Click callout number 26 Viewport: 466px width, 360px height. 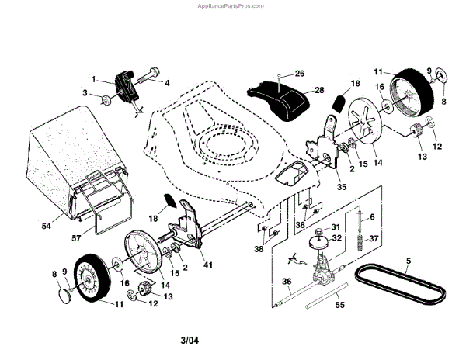tap(300, 74)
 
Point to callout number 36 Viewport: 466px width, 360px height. tap(287, 282)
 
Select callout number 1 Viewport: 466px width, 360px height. tap(94, 78)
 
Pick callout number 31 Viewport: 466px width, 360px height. tap(336, 227)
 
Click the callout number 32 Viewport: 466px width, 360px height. tap(336, 239)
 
